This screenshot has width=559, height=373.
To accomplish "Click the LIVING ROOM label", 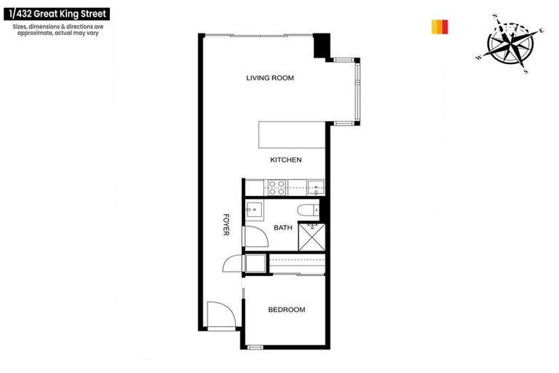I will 269,78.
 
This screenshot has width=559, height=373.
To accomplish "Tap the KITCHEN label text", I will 285,160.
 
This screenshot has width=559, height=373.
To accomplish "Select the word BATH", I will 282,228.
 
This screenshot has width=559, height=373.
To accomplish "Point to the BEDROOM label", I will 286,310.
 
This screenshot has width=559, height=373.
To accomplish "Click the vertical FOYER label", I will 226,224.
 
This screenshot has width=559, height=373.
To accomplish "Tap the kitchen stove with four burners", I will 278,187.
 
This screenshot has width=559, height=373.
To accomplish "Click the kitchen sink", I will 315,187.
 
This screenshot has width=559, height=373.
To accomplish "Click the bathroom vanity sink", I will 254,211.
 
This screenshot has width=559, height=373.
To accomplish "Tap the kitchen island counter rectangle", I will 290,136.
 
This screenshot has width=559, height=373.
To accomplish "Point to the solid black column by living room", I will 321,47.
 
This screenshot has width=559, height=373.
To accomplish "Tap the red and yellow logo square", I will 439,27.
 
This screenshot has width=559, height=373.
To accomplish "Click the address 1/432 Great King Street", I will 58,13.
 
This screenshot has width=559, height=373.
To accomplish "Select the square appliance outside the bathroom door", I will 255,263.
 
